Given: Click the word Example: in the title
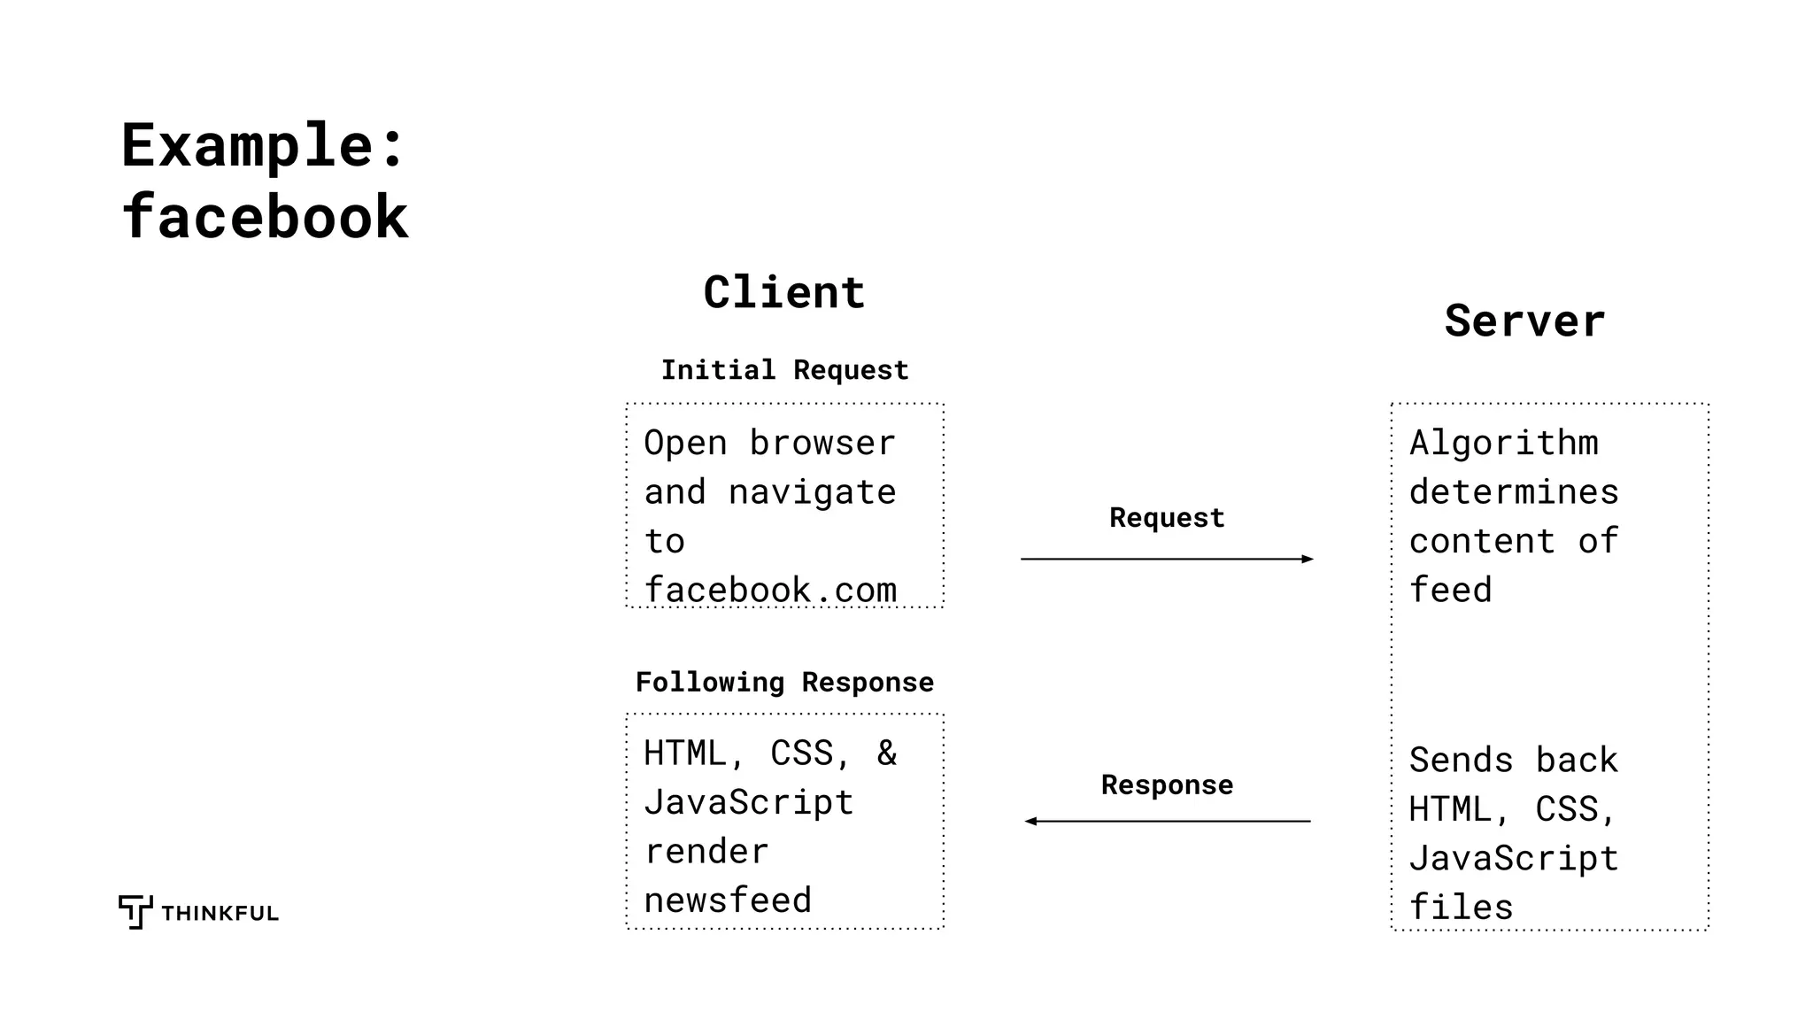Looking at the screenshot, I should tap(263, 146).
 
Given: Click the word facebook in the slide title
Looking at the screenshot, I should tap(265, 218).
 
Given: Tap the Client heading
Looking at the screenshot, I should tap(784, 293).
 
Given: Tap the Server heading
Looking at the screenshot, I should tap(1524, 321).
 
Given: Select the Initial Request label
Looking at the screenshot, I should tap(784, 370).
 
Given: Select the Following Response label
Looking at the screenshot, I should tap(784, 683).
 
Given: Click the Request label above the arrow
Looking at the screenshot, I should tap(1167, 518).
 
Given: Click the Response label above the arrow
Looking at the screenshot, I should tap(1167, 785).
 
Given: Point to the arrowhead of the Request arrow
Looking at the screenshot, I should tap(1308, 559).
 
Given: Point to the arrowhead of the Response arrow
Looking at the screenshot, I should tap(1030, 822).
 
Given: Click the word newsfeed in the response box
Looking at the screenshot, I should tap(728, 900).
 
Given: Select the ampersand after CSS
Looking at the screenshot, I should tap(886, 753).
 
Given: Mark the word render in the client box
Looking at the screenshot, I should tap(706, 852).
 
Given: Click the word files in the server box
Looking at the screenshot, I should tap(1462, 908).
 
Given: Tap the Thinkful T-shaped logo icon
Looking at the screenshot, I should tap(135, 911).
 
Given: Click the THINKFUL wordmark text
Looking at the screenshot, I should tap(220, 914).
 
